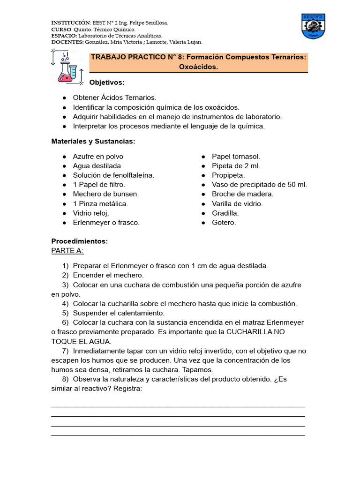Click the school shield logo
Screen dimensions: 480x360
pyautogui.click(x=314, y=27)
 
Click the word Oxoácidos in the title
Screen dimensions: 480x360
pyautogui.click(x=198, y=67)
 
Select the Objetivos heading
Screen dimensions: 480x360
pyautogui.click(x=107, y=82)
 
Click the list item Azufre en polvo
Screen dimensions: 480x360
pyautogui.click(x=98, y=157)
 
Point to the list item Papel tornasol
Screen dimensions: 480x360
pyautogui.click(x=236, y=157)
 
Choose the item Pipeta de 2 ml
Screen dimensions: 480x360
pyautogui.click(x=236, y=166)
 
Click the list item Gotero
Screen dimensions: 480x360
pyautogui.click(x=224, y=223)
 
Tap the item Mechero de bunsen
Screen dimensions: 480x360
pyautogui.click(x=106, y=194)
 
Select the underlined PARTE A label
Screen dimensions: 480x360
pyautogui.click(x=67, y=251)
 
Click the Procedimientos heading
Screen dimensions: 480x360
pyautogui.click(x=79, y=241)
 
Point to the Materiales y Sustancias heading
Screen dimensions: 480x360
pyautogui.click(x=93, y=141)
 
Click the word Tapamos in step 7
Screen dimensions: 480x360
pyautogui.click(x=186, y=370)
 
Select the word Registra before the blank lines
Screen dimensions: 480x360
pyautogui.click(x=126, y=389)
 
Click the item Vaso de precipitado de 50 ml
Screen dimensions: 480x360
pyautogui.click(x=259, y=185)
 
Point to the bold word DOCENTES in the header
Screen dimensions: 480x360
pyautogui.click(x=67, y=42)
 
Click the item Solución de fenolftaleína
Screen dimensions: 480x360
pyautogui.click(x=113, y=175)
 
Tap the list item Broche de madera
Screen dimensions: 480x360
pyautogui.click(x=242, y=194)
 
